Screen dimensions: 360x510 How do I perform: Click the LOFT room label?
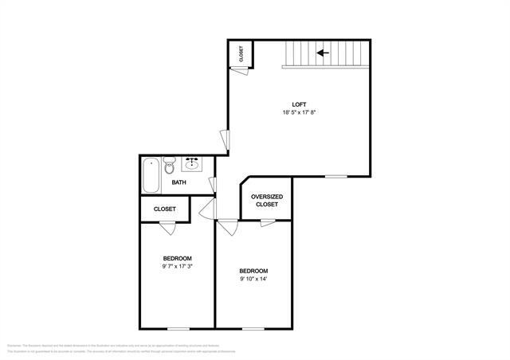[298, 104]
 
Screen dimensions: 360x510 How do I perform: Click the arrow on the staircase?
[323, 53]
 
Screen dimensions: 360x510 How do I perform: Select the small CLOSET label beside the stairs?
[241, 53]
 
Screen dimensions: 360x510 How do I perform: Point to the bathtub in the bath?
[150, 174]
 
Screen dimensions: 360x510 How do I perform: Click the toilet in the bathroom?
[169, 167]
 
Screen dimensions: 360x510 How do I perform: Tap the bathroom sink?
[192, 165]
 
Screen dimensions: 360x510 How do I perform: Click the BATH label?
[179, 183]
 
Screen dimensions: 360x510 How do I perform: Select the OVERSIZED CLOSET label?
[267, 201]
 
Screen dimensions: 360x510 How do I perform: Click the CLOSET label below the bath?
[165, 209]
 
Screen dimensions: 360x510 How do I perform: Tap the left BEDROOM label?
[177, 258]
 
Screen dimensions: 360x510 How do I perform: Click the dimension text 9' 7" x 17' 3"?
[177, 266]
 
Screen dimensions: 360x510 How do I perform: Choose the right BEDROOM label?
[253, 271]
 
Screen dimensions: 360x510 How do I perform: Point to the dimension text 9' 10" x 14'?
[253, 279]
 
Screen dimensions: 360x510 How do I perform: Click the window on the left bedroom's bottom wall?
[178, 327]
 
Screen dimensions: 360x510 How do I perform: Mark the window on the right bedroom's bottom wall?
[253, 327]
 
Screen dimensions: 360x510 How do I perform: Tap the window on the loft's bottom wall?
[335, 176]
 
